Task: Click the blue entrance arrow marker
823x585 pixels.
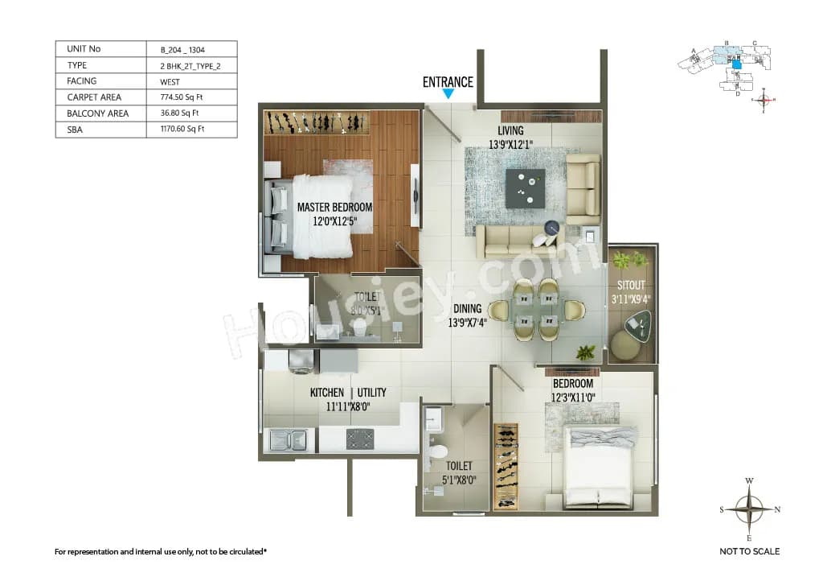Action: [448, 94]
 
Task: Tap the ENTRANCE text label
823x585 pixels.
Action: [448, 81]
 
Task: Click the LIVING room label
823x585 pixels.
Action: [510, 130]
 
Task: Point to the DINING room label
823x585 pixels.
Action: [466, 308]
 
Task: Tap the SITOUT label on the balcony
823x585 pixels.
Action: [631, 285]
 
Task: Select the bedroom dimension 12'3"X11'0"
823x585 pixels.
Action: [572, 398]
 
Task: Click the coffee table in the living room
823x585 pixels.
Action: [525, 187]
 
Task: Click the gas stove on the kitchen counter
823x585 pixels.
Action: [359, 439]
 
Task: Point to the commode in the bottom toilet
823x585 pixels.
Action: [438, 456]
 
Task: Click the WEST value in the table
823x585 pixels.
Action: [170, 81]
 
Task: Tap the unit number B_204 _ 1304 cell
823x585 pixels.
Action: [183, 49]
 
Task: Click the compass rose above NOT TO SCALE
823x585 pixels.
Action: [749, 509]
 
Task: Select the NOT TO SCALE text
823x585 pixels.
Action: [749, 551]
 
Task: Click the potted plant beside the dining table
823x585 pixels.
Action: [586, 352]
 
